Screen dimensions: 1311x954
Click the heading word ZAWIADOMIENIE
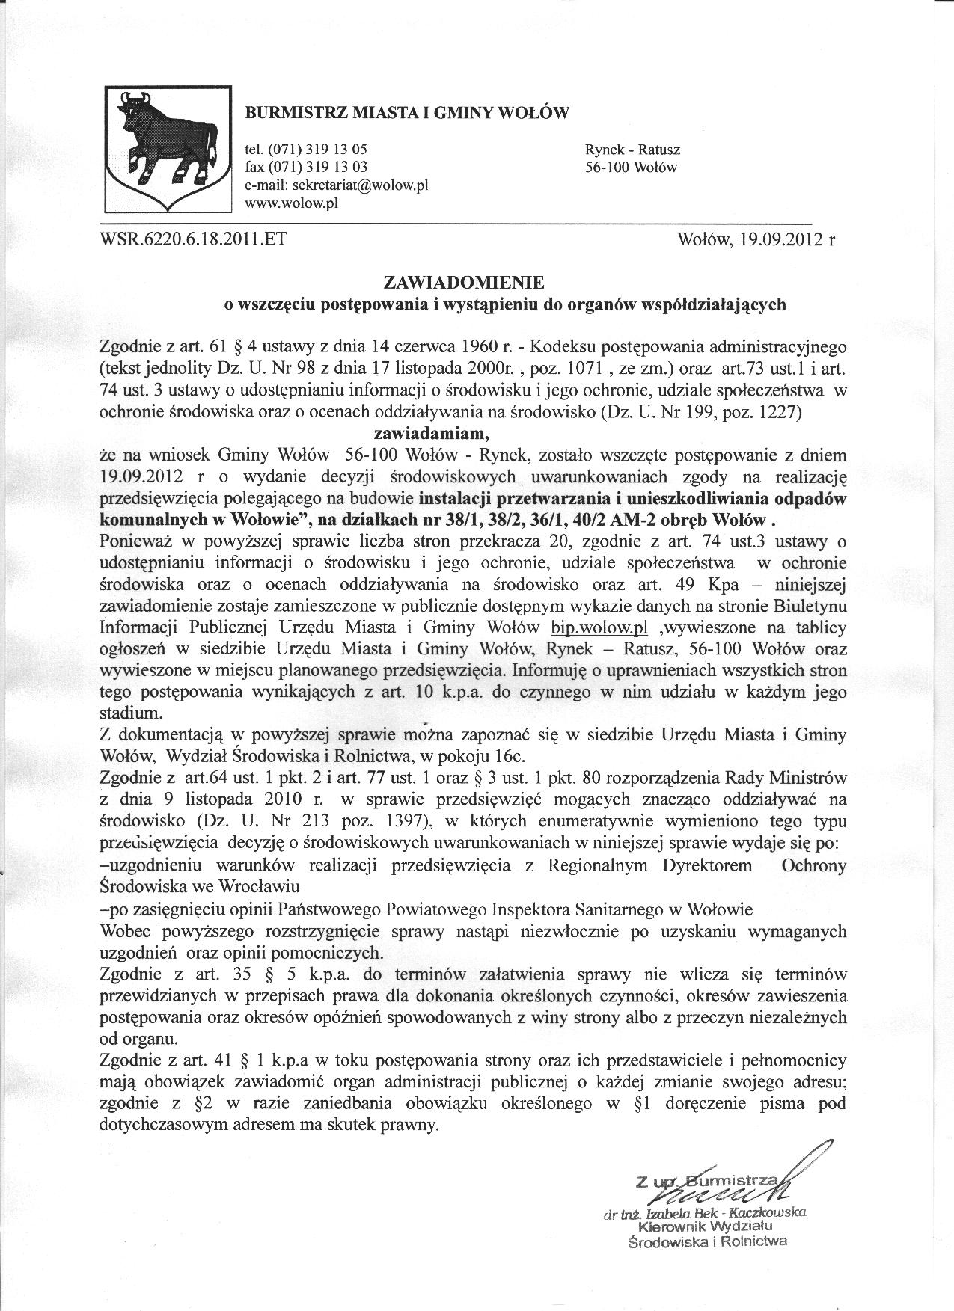click(464, 283)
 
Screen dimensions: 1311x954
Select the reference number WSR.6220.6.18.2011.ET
click(192, 239)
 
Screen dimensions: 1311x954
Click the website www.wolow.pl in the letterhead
click(292, 203)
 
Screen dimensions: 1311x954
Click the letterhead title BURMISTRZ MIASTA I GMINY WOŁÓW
click(407, 114)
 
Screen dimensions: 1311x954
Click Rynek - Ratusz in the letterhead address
click(632, 150)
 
